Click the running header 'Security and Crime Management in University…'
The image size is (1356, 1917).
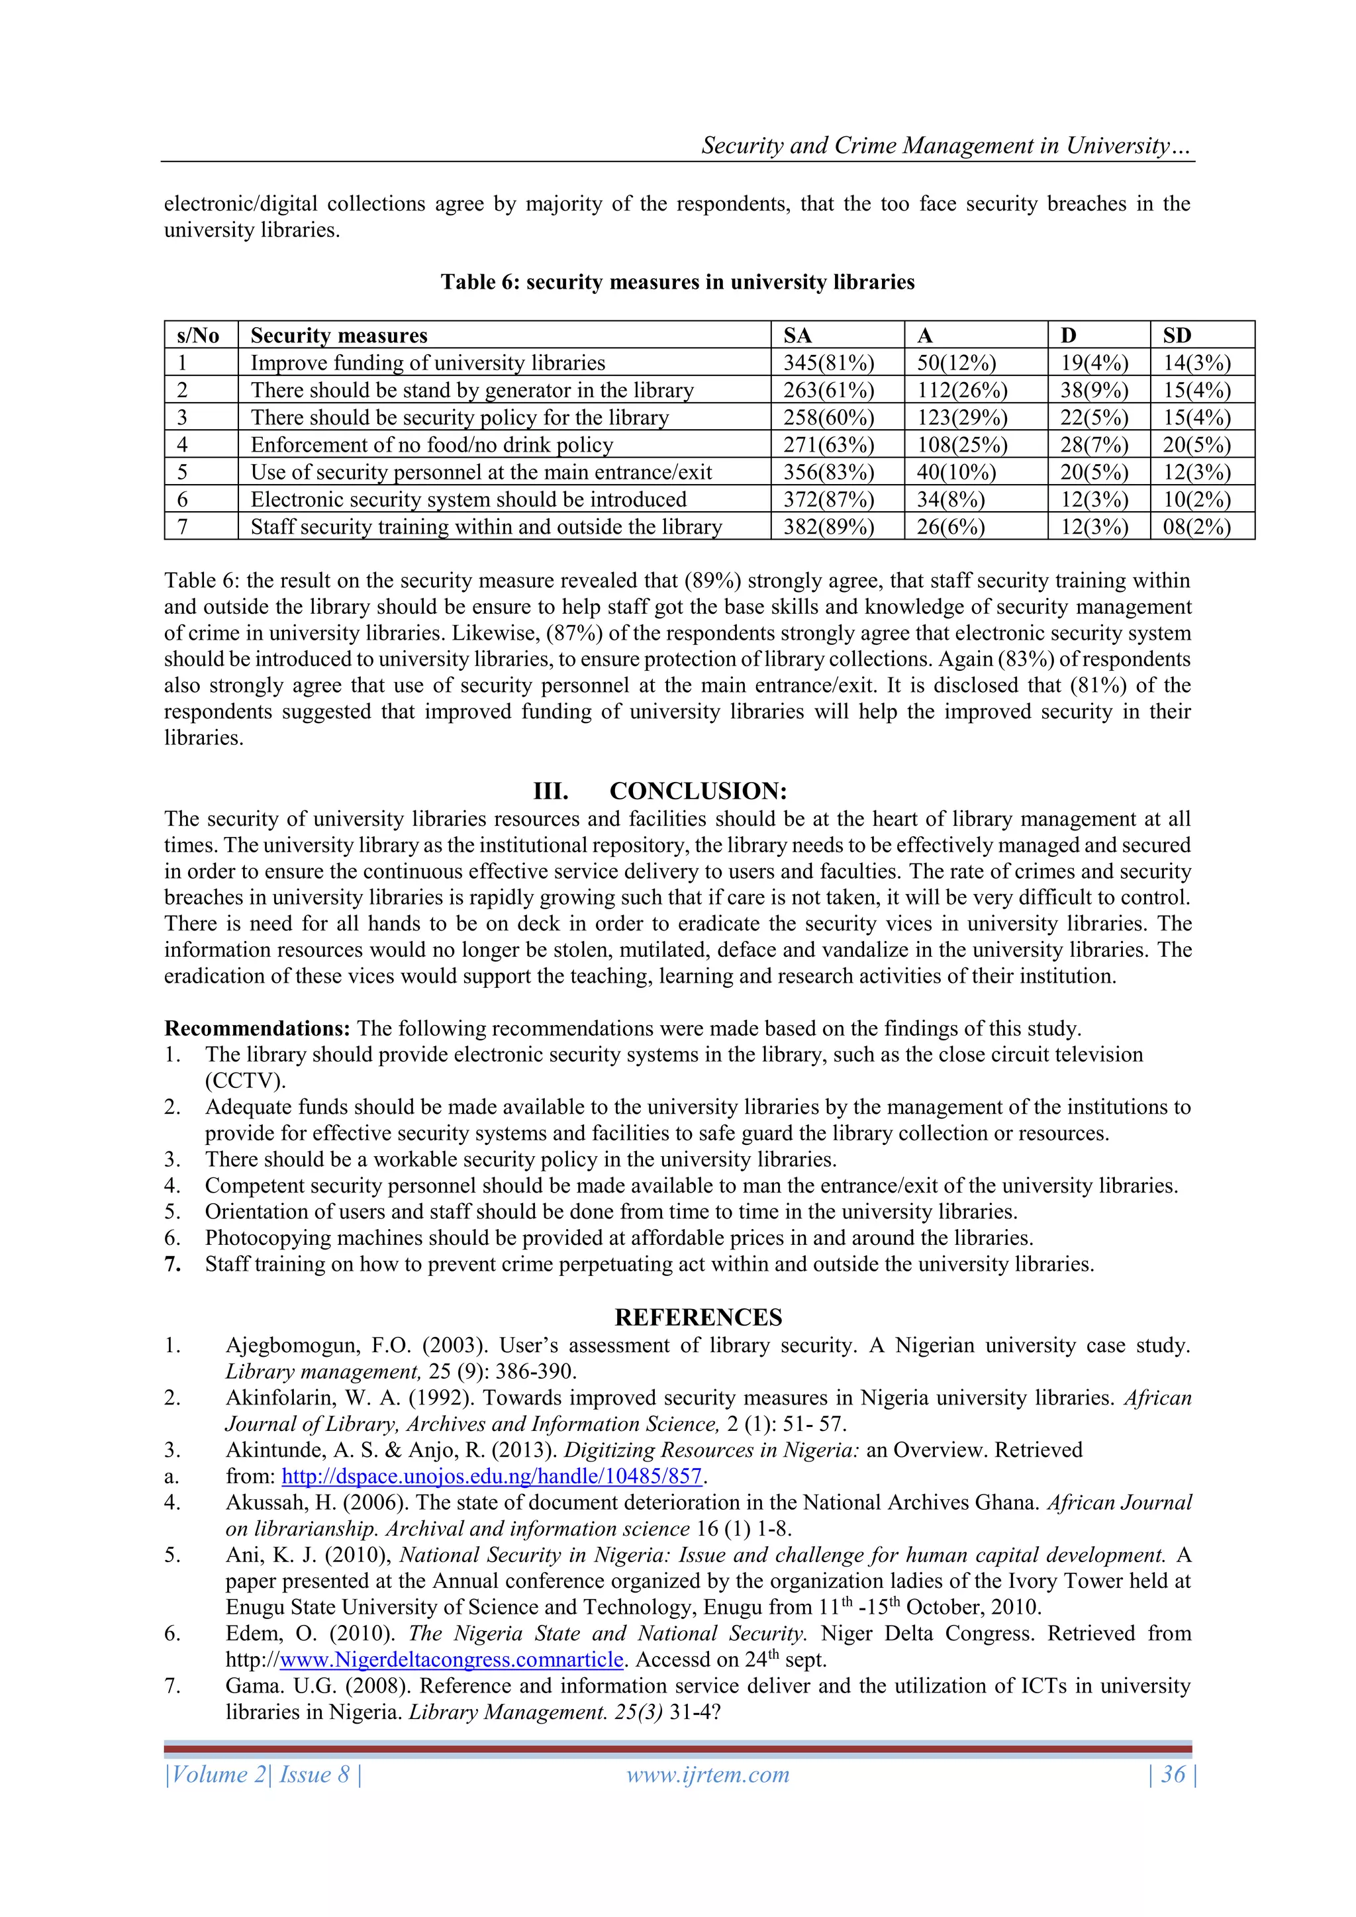[x=946, y=146]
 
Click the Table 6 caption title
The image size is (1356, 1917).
[x=677, y=282]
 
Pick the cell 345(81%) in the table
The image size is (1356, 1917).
[x=828, y=363]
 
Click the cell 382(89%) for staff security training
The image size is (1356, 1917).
[x=828, y=528]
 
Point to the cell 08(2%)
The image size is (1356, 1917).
[x=1196, y=528]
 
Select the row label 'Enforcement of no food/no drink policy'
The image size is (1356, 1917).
[x=432, y=445]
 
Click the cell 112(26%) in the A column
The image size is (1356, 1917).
[x=962, y=391]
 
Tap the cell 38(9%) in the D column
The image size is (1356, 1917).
[x=1094, y=391]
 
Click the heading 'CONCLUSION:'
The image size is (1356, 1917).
[x=697, y=791]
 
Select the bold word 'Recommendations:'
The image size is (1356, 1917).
[x=258, y=1028]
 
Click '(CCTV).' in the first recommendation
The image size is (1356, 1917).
[x=246, y=1081]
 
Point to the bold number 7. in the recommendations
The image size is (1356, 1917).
[x=173, y=1265]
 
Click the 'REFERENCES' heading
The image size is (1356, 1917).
[x=698, y=1318]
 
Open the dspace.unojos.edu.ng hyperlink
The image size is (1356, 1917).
[x=491, y=1476]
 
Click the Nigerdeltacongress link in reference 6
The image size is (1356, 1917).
[x=451, y=1660]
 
